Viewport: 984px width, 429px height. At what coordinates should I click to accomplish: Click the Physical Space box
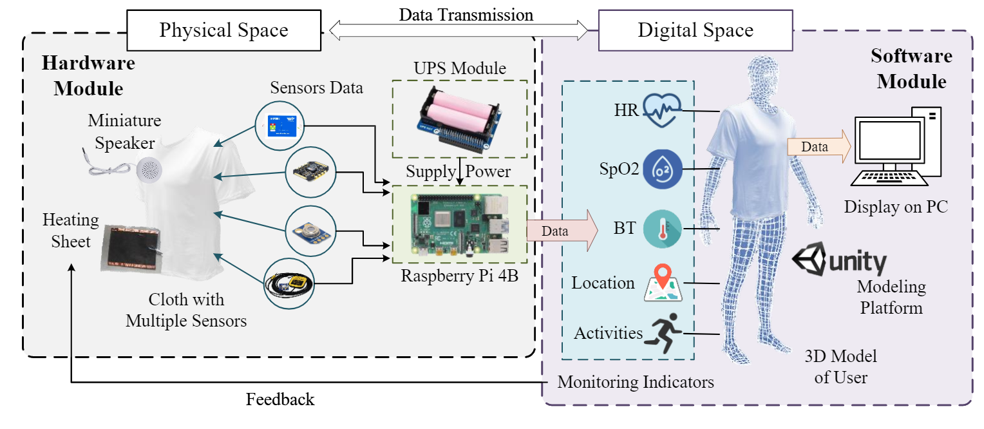(223, 30)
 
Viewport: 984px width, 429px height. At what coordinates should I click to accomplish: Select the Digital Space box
(695, 30)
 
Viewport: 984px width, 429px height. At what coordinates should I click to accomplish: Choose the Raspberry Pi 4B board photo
(459, 224)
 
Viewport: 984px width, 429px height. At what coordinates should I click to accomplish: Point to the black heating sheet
(133, 248)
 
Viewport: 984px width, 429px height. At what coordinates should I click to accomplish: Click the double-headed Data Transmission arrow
(459, 29)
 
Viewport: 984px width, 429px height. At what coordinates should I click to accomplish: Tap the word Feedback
(280, 399)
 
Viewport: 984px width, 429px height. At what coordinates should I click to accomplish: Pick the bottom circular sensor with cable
(288, 283)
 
